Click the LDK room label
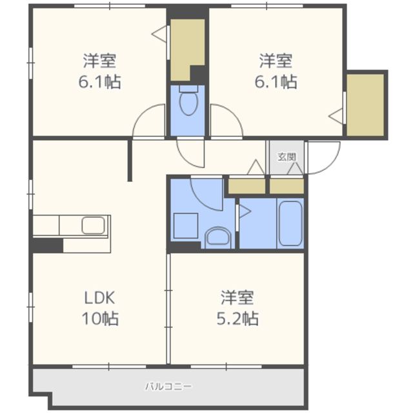(99, 297)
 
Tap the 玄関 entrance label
(287, 157)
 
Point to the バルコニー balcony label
(168, 387)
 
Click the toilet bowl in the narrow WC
(188, 101)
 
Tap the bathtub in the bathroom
(290, 223)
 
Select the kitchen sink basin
(93, 225)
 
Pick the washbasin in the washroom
(218, 237)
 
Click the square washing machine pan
(186, 226)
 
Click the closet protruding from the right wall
(365, 105)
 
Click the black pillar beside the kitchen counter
(48, 245)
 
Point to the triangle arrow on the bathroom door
(245, 211)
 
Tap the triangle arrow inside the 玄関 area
(295, 168)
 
